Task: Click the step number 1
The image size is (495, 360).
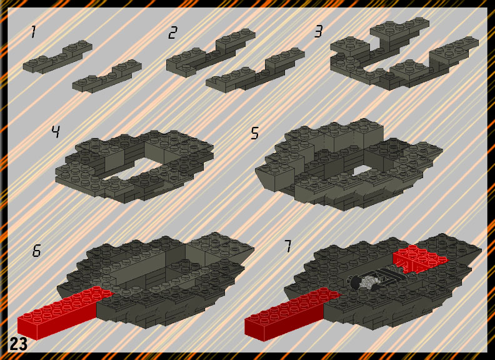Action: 33,32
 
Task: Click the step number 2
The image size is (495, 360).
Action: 172,33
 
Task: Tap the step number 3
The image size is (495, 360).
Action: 319,32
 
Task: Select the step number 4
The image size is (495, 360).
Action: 56,131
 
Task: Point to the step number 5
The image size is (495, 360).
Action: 255,133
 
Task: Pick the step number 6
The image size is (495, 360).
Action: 37,251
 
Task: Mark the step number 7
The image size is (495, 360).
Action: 287,246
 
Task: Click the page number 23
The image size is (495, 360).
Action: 18,344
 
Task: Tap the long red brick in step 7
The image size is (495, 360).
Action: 292,314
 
